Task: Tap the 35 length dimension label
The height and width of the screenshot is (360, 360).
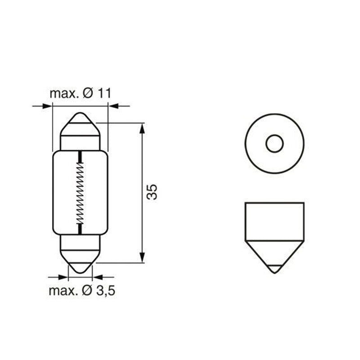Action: tap(152, 192)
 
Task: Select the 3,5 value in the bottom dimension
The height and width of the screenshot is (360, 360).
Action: tap(105, 291)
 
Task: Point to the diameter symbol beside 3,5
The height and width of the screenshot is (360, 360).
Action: tap(88, 291)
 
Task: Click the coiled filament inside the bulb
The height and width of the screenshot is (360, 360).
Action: tap(80, 192)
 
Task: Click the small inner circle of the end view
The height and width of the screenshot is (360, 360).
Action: tap(274, 144)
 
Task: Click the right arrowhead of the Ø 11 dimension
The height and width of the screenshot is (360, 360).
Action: tap(113, 106)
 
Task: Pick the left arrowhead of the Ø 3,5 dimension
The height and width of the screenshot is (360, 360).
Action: tap(63, 277)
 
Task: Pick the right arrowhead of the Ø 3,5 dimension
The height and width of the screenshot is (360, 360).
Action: tap(97, 277)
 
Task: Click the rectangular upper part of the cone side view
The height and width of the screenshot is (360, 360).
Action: tap(274, 220)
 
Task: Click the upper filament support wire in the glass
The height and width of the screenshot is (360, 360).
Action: tap(80, 157)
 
